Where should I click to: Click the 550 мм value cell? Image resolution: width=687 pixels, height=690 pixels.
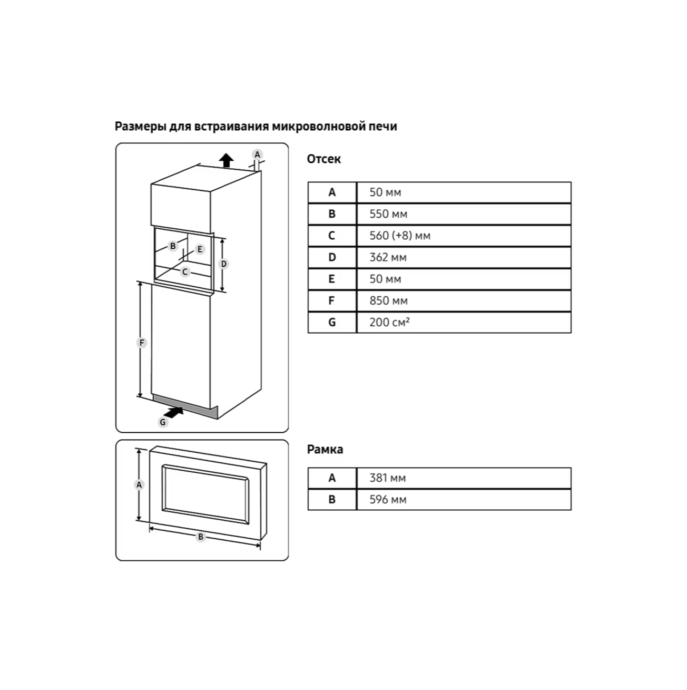(x=388, y=214)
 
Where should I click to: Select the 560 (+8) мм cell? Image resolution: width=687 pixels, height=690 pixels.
(x=399, y=236)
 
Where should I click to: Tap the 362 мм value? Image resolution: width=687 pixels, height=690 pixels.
(x=388, y=257)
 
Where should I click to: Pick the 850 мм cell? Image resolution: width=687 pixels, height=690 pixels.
(x=388, y=300)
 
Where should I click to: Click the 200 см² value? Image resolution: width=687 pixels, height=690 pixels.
(x=389, y=322)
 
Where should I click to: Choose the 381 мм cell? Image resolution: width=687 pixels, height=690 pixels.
(x=387, y=478)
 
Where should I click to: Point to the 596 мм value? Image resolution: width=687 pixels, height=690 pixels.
(x=388, y=500)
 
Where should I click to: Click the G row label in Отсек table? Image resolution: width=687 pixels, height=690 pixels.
(x=332, y=322)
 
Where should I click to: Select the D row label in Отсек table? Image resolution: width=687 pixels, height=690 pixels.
(x=332, y=257)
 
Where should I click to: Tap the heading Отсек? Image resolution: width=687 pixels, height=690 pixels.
(x=324, y=159)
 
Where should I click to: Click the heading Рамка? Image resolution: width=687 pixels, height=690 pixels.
(x=325, y=450)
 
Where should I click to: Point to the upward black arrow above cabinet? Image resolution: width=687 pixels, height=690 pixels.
(x=227, y=160)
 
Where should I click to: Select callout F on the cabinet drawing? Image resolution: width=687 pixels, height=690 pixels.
(x=141, y=343)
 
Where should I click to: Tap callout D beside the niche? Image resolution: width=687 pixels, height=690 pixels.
(x=223, y=264)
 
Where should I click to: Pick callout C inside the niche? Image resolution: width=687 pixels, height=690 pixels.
(x=185, y=271)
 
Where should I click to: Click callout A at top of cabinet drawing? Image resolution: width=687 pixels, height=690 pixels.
(x=257, y=154)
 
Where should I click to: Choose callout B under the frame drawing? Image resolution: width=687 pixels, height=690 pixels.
(x=200, y=537)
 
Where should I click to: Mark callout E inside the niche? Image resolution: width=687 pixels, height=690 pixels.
(x=199, y=249)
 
